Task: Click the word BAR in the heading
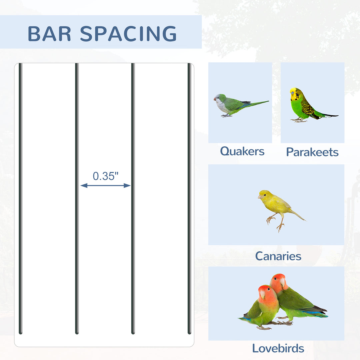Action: [x=49, y=34]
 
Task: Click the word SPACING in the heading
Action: [x=128, y=34]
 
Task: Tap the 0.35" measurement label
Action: [x=105, y=176]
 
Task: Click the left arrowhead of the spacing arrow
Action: [x=84, y=186]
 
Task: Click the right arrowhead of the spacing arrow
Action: [x=127, y=186]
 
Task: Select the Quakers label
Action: [x=242, y=152]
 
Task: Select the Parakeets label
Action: [x=312, y=152]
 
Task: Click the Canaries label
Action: [x=278, y=256]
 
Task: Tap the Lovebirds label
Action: [x=278, y=348]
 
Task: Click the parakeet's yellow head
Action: [x=295, y=94]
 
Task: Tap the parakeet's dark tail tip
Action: [x=331, y=115]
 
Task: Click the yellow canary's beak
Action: [x=259, y=197]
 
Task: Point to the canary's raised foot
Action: [x=270, y=219]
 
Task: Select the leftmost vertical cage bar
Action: [x=20, y=198]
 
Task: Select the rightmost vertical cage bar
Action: [x=189, y=198]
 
